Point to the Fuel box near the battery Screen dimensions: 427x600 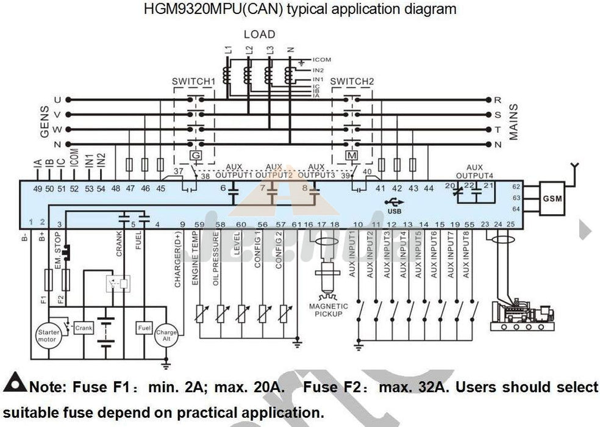click(x=145, y=328)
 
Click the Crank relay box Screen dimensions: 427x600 click(x=84, y=328)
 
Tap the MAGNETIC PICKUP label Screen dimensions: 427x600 click(x=328, y=310)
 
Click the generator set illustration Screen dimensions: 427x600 click(x=523, y=314)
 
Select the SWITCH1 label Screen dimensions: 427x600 click(x=194, y=81)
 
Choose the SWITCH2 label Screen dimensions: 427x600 click(x=352, y=81)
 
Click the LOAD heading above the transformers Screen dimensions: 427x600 click(x=259, y=35)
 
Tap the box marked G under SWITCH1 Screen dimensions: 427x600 click(x=196, y=156)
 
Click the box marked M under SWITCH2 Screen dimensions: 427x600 click(x=352, y=156)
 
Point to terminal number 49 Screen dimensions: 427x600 click(x=38, y=188)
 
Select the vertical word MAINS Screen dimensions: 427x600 click(x=513, y=122)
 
